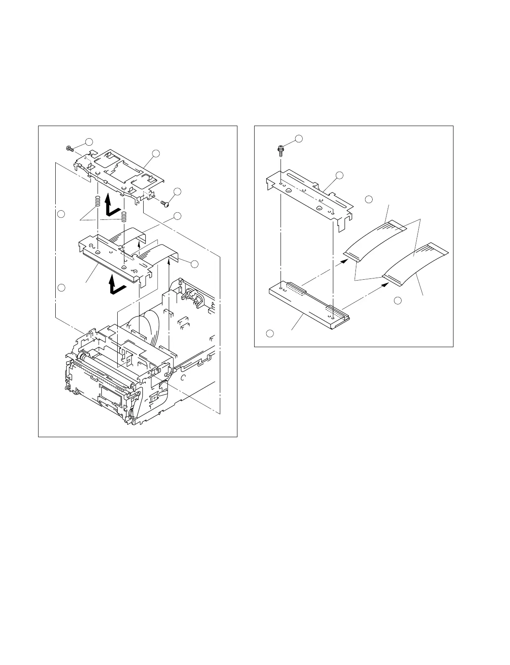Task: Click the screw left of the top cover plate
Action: [70, 148]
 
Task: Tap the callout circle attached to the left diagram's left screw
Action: [89, 141]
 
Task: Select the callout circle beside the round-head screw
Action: [178, 192]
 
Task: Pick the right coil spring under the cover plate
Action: [124, 217]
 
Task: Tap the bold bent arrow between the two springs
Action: [111, 206]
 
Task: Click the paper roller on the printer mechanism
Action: [105, 360]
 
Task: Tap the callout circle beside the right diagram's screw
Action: [299, 139]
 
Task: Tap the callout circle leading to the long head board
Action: [270, 333]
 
